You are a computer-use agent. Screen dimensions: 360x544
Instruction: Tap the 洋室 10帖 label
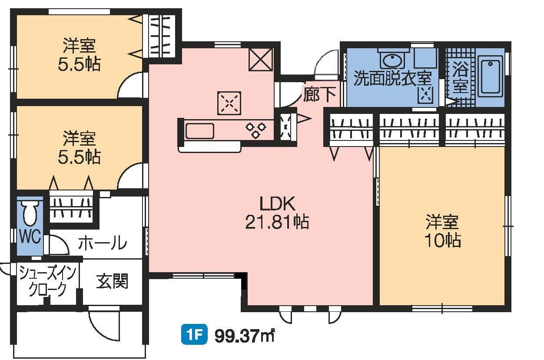[442, 231]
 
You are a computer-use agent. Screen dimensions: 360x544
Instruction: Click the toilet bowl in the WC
[30, 213]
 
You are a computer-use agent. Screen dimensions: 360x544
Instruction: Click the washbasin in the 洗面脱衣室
[394, 59]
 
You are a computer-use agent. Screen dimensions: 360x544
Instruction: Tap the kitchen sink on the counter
[199, 131]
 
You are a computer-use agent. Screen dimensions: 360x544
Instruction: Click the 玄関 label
[112, 282]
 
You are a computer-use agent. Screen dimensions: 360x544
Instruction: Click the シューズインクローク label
[47, 281]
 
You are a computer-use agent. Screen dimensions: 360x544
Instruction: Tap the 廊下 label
[319, 94]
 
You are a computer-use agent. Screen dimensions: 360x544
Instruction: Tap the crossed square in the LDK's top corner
[260, 60]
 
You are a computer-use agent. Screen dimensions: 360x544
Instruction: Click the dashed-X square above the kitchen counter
[229, 103]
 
